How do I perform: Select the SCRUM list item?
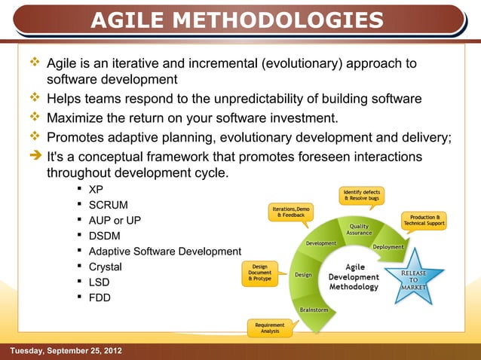[109, 205]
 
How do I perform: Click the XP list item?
[96, 189]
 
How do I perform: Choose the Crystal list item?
[106, 267]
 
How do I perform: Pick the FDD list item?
[100, 297]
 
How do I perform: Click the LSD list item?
[100, 282]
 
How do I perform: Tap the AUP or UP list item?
[115, 221]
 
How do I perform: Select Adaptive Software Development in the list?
[164, 252]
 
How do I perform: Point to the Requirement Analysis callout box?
[269, 328]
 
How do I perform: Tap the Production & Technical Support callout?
[424, 220]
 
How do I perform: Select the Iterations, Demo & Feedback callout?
[291, 212]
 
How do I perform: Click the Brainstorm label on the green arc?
[314, 309]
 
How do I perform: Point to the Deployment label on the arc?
[388, 247]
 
